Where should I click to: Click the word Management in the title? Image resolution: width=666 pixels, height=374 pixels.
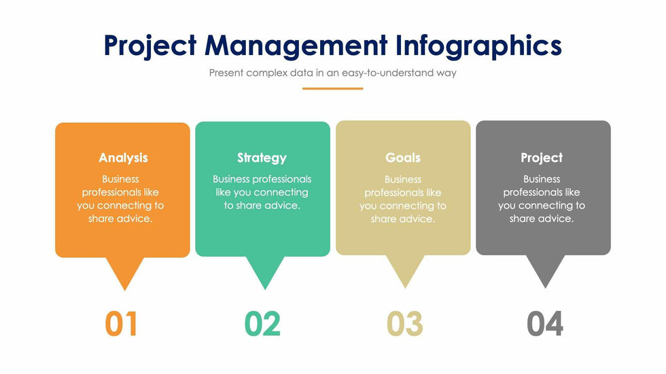(x=296, y=46)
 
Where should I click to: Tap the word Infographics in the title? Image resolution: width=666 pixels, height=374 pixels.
(x=478, y=46)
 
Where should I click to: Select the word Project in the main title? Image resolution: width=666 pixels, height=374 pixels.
(x=150, y=46)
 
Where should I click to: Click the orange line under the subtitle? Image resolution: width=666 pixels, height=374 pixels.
(x=332, y=89)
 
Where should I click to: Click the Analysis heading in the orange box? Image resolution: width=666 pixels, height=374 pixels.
(x=123, y=157)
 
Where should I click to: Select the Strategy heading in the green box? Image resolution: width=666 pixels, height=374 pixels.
(x=262, y=157)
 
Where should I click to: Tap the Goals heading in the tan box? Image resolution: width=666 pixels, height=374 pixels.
(x=403, y=157)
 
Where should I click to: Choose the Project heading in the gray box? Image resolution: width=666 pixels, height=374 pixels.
(x=542, y=157)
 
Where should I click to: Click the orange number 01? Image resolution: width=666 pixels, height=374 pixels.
(x=121, y=324)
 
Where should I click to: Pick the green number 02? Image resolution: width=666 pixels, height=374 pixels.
(x=262, y=324)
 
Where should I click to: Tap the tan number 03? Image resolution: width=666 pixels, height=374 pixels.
(x=405, y=324)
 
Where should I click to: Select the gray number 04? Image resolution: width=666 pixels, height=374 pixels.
(x=545, y=324)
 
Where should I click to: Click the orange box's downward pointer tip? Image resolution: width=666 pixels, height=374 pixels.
(x=125, y=291)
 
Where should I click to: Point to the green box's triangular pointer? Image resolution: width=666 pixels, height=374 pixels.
(x=265, y=269)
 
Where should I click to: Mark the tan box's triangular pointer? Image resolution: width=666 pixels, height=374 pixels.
(x=405, y=268)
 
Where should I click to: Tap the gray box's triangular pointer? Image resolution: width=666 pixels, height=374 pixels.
(x=545, y=268)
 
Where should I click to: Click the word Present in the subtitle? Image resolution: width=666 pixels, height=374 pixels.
(x=226, y=73)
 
